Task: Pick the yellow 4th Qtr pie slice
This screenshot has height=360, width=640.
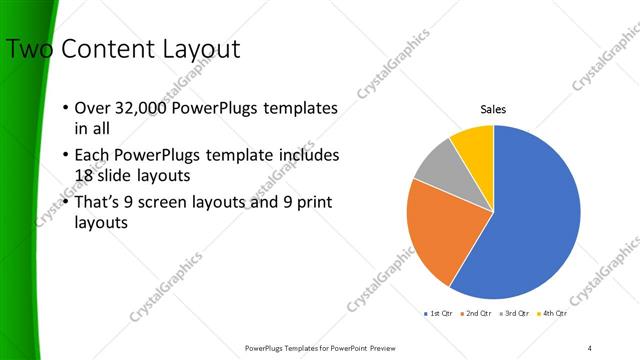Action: pos(473,146)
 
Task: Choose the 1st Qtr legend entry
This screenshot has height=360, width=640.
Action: pos(439,314)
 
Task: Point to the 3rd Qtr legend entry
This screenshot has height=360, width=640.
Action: pos(516,314)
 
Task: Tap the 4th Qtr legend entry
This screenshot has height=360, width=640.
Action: pos(554,314)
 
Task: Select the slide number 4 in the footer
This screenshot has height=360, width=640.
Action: pos(590,347)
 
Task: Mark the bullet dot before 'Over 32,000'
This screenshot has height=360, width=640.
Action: pos(65,108)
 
